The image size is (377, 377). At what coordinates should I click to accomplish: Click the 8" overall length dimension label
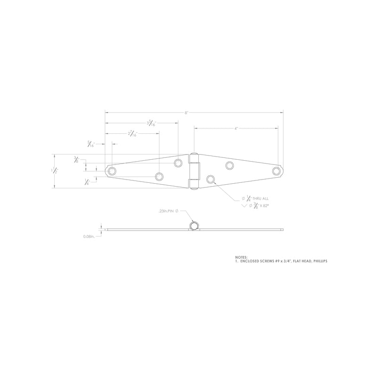[187, 113]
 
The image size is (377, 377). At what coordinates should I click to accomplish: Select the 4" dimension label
[236, 128]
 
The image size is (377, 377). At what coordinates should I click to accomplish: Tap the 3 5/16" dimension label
[151, 123]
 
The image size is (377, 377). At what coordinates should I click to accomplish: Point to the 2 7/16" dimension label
[132, 134]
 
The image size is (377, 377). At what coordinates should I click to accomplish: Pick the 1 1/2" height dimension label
[55, 171]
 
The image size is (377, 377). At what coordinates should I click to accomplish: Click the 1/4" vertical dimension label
[87, 182]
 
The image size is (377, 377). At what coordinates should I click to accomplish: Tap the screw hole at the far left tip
[112, 170]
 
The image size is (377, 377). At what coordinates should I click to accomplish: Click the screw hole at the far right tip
[277, 170]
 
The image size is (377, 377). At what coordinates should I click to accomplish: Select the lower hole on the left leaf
[159, 177]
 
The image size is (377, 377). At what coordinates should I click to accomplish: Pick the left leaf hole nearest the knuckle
[178, 164]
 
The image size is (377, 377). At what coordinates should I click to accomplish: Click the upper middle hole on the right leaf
[229, 165]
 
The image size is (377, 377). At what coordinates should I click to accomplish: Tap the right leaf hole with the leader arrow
[211, 179]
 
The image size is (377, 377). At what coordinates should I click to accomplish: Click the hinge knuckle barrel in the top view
[194, 171]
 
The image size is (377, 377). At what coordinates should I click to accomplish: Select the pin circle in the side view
[194, 227]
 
